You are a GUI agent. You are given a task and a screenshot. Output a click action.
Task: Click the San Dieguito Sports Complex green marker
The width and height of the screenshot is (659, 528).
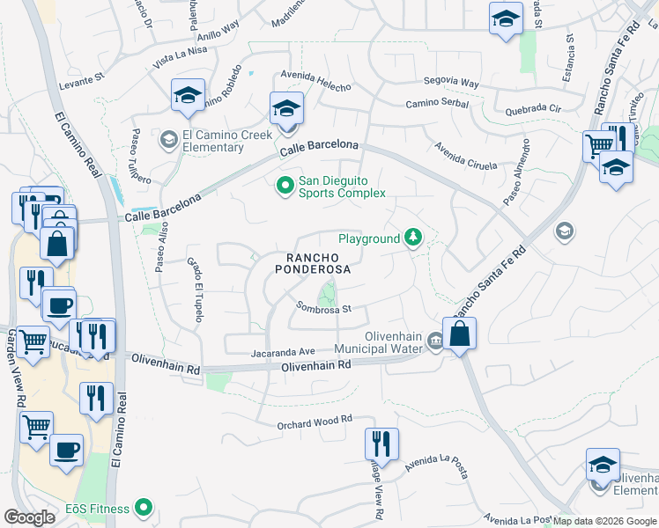click(285, 186)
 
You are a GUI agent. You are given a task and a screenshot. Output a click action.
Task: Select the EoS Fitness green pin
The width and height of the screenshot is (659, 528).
click(143, 508)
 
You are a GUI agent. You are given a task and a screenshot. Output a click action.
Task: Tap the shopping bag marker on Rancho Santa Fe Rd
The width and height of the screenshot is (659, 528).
click(460, 334)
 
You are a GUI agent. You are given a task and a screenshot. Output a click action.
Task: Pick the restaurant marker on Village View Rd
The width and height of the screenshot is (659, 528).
click(382, 444)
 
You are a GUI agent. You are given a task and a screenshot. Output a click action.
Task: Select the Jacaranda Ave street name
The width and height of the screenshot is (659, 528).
click(283, 351)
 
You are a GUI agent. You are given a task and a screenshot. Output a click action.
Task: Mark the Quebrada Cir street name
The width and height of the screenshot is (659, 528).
click(534, 110)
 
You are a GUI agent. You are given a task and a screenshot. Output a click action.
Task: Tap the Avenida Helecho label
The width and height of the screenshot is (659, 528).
click(315, 81)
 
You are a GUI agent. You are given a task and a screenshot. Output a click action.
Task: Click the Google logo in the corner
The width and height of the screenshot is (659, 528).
click(29, 517)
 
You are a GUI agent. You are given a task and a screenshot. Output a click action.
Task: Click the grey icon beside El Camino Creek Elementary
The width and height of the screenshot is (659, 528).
click(167, 139)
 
